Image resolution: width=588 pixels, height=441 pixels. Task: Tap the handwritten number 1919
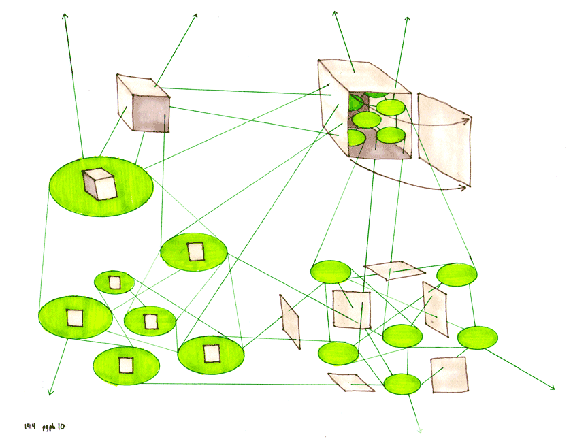point(30,427)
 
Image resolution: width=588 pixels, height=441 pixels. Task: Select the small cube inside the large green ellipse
point(99,184)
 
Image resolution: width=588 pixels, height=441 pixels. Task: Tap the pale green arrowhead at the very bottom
point(419,430)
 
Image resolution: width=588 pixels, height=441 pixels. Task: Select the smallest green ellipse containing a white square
point(114,282)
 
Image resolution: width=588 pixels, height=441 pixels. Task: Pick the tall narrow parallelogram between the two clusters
point(291,321)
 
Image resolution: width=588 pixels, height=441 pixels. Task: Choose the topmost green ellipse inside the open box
point(391,108)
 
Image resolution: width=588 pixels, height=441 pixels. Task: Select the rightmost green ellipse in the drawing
point(477,337)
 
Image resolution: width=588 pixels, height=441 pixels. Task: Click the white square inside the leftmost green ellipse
point(73,317)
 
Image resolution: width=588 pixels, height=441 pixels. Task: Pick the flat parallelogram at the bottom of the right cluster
point(351,382)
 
